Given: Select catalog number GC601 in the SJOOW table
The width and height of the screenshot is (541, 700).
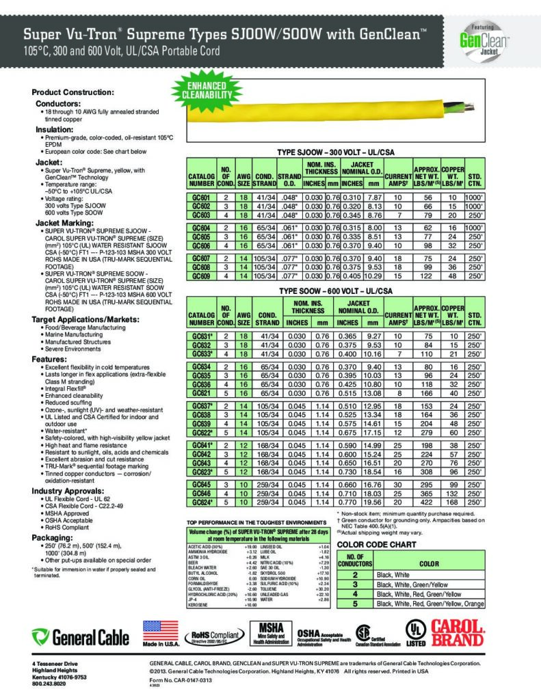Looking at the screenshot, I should point(201,195).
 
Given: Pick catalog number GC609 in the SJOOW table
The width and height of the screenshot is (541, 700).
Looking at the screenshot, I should point(201,276).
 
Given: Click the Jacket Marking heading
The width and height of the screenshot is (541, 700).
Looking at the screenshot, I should point(65,223).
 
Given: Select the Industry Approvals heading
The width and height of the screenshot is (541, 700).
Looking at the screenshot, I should point(70,492).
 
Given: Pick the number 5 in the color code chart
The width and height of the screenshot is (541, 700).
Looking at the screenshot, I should point(356,604).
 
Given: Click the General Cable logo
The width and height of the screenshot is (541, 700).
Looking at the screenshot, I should point(81,638).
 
